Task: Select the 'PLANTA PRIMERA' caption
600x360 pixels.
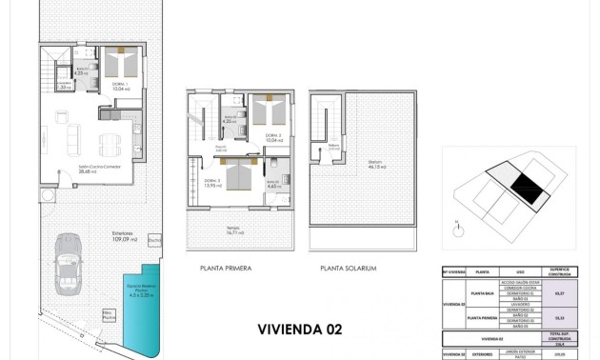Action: (x=226, y=269)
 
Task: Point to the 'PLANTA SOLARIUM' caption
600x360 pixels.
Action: (x=349, y=269)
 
